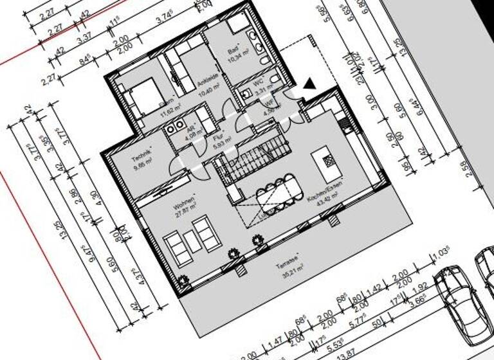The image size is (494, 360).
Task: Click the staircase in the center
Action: click(253, 161)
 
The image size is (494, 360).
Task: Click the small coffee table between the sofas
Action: click(192, 242)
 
